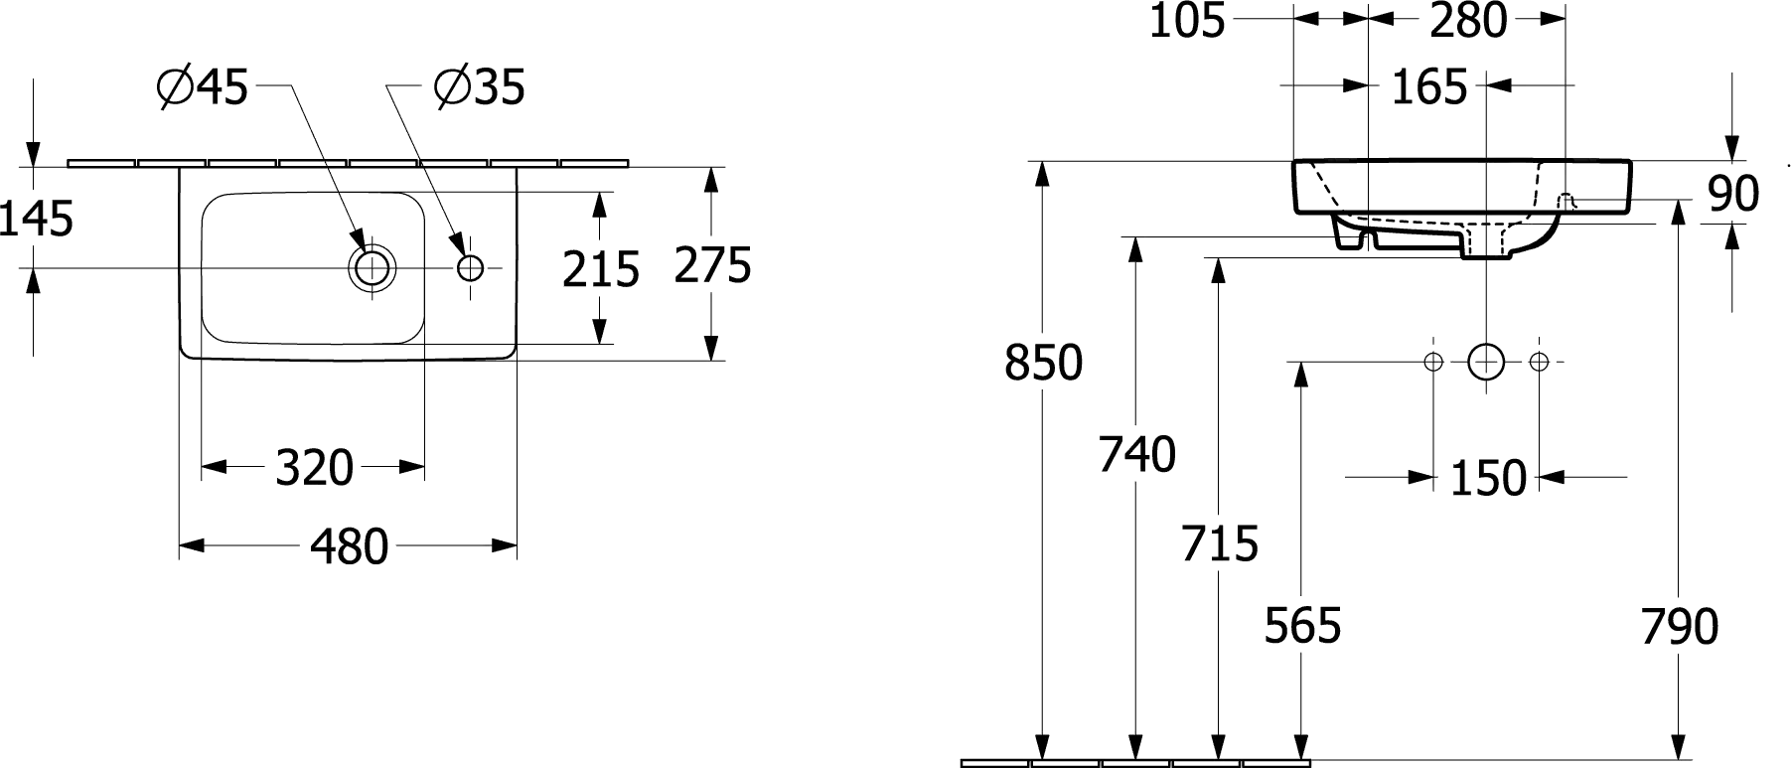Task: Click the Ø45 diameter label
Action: pos(203,88)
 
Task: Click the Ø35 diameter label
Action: pos(480,88)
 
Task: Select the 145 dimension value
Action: pos(37,219)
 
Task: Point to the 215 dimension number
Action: pos(600,269)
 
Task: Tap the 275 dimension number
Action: pos(712,265)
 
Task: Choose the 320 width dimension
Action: pos(314,468)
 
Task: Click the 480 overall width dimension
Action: pos(349,546)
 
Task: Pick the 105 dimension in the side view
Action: pos(1187,21)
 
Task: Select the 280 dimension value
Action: pos(1468,21)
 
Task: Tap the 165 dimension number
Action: pos(1428,87)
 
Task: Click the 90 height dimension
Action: pos(1733,194)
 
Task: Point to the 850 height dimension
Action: pos(1043,364)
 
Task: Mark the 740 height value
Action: pos(1136,454)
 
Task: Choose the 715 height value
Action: pos(1220,543)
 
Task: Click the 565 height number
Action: pos(1302,626)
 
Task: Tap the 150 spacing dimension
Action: pos(1488,479)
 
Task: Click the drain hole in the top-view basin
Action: pos(372,267)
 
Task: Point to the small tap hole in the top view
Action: pos(470,267)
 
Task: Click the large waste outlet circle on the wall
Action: pos(1486,362)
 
